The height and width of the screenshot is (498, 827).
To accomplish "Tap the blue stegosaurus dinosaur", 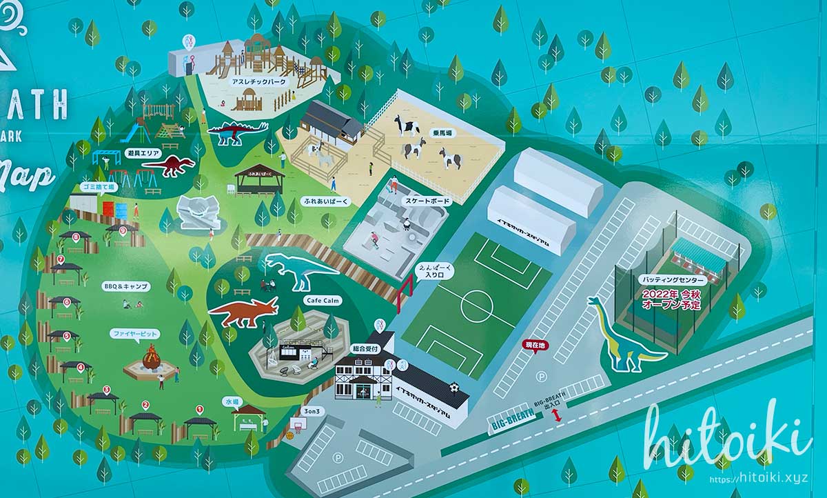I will [237, 132].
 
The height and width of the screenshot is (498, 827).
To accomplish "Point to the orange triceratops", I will [244, 312].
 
